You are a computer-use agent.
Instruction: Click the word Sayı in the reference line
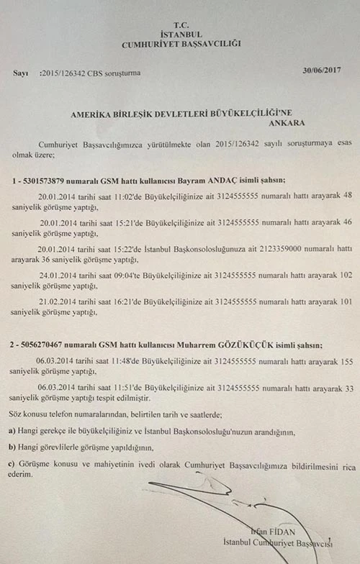tap(21, 73)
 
